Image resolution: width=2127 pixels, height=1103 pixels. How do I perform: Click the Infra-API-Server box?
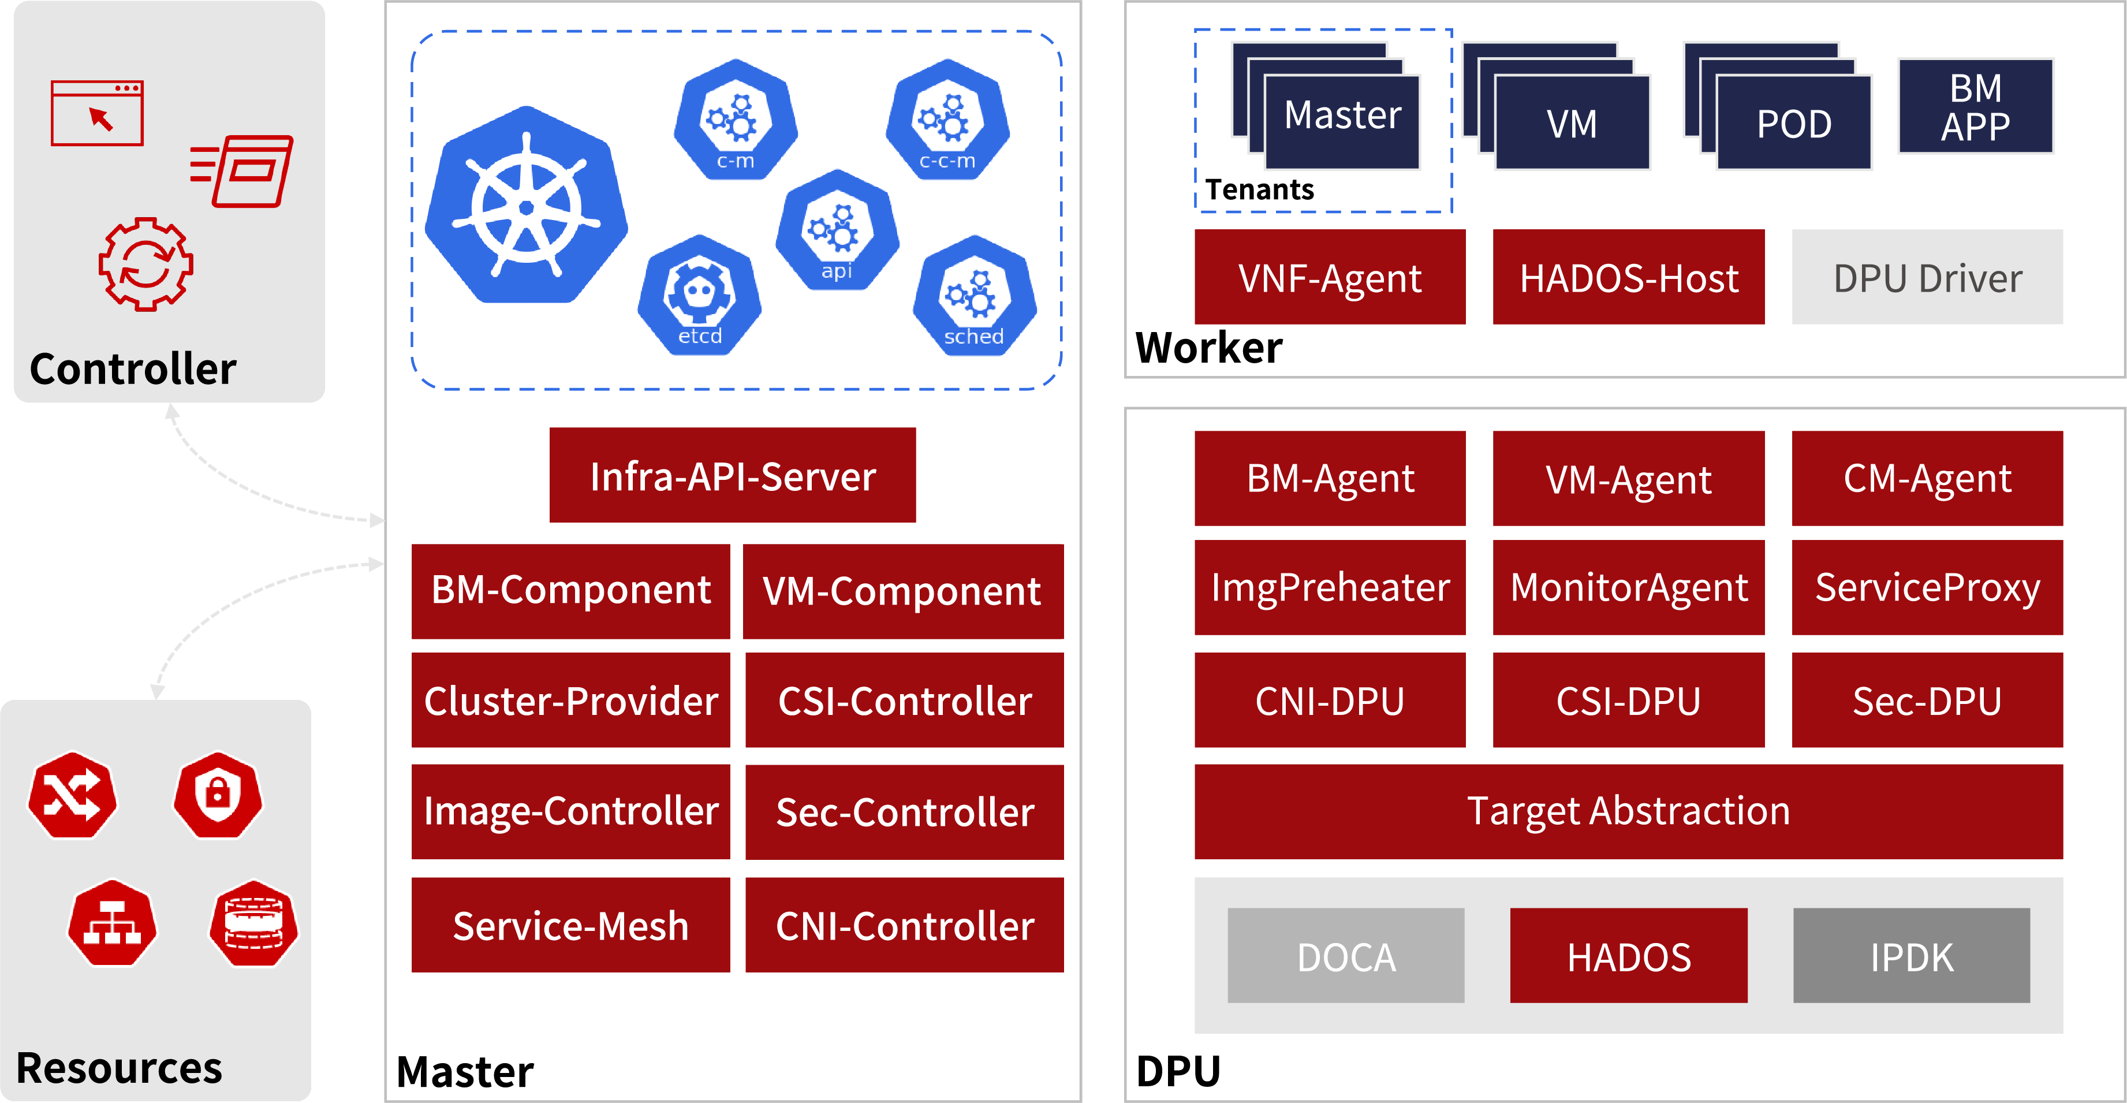click(x=733, y=475)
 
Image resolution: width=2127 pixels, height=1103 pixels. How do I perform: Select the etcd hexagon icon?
click(x=699, y=296)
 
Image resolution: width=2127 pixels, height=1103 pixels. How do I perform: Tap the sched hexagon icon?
click(x=975, y=296)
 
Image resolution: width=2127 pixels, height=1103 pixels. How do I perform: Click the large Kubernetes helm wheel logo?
click(x=526, y=206)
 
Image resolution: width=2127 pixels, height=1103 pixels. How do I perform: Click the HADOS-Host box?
click(x=1628, y=277)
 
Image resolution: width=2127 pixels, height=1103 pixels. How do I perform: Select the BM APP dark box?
click(x=1975, y=106)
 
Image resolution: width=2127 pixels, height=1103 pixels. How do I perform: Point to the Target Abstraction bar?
click(x=1628, y=811)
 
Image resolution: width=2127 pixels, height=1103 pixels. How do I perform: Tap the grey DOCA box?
click(x=1346, y=956)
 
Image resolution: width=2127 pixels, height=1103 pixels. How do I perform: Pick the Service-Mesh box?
click(x=570, y=925)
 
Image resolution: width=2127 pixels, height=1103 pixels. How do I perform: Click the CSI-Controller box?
click(x=904, y=700)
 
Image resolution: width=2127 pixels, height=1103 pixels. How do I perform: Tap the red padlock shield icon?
click(x=218, y=794)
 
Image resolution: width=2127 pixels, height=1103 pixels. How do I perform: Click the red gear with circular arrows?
click(x=146, y=264)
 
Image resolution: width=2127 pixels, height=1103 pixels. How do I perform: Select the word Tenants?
click(x=1259, y=190)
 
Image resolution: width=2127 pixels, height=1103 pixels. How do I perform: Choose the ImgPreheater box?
click(x=1329, y=587)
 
